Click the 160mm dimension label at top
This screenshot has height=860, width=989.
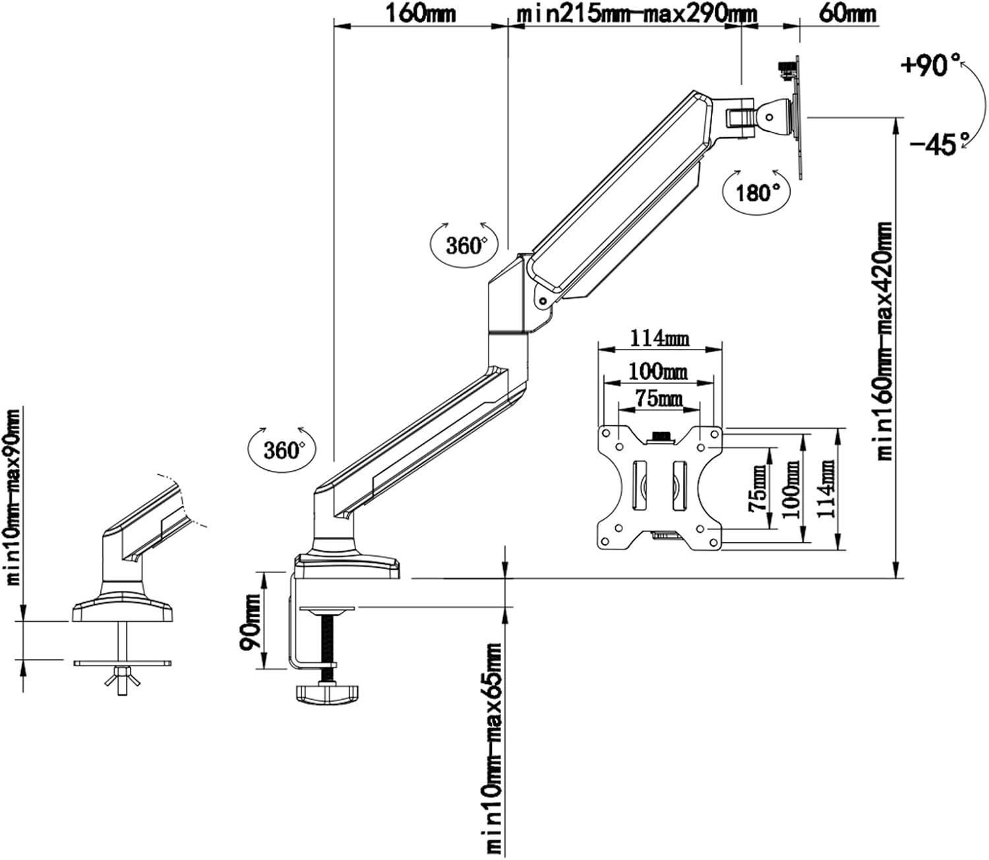click(421, 14)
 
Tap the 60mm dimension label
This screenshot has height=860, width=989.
click(847, 14)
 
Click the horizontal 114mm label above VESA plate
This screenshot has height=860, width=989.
click(659, 338)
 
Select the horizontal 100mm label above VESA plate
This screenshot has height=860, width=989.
click(658, 371)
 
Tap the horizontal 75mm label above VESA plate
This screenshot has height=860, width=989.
click(659, 399)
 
